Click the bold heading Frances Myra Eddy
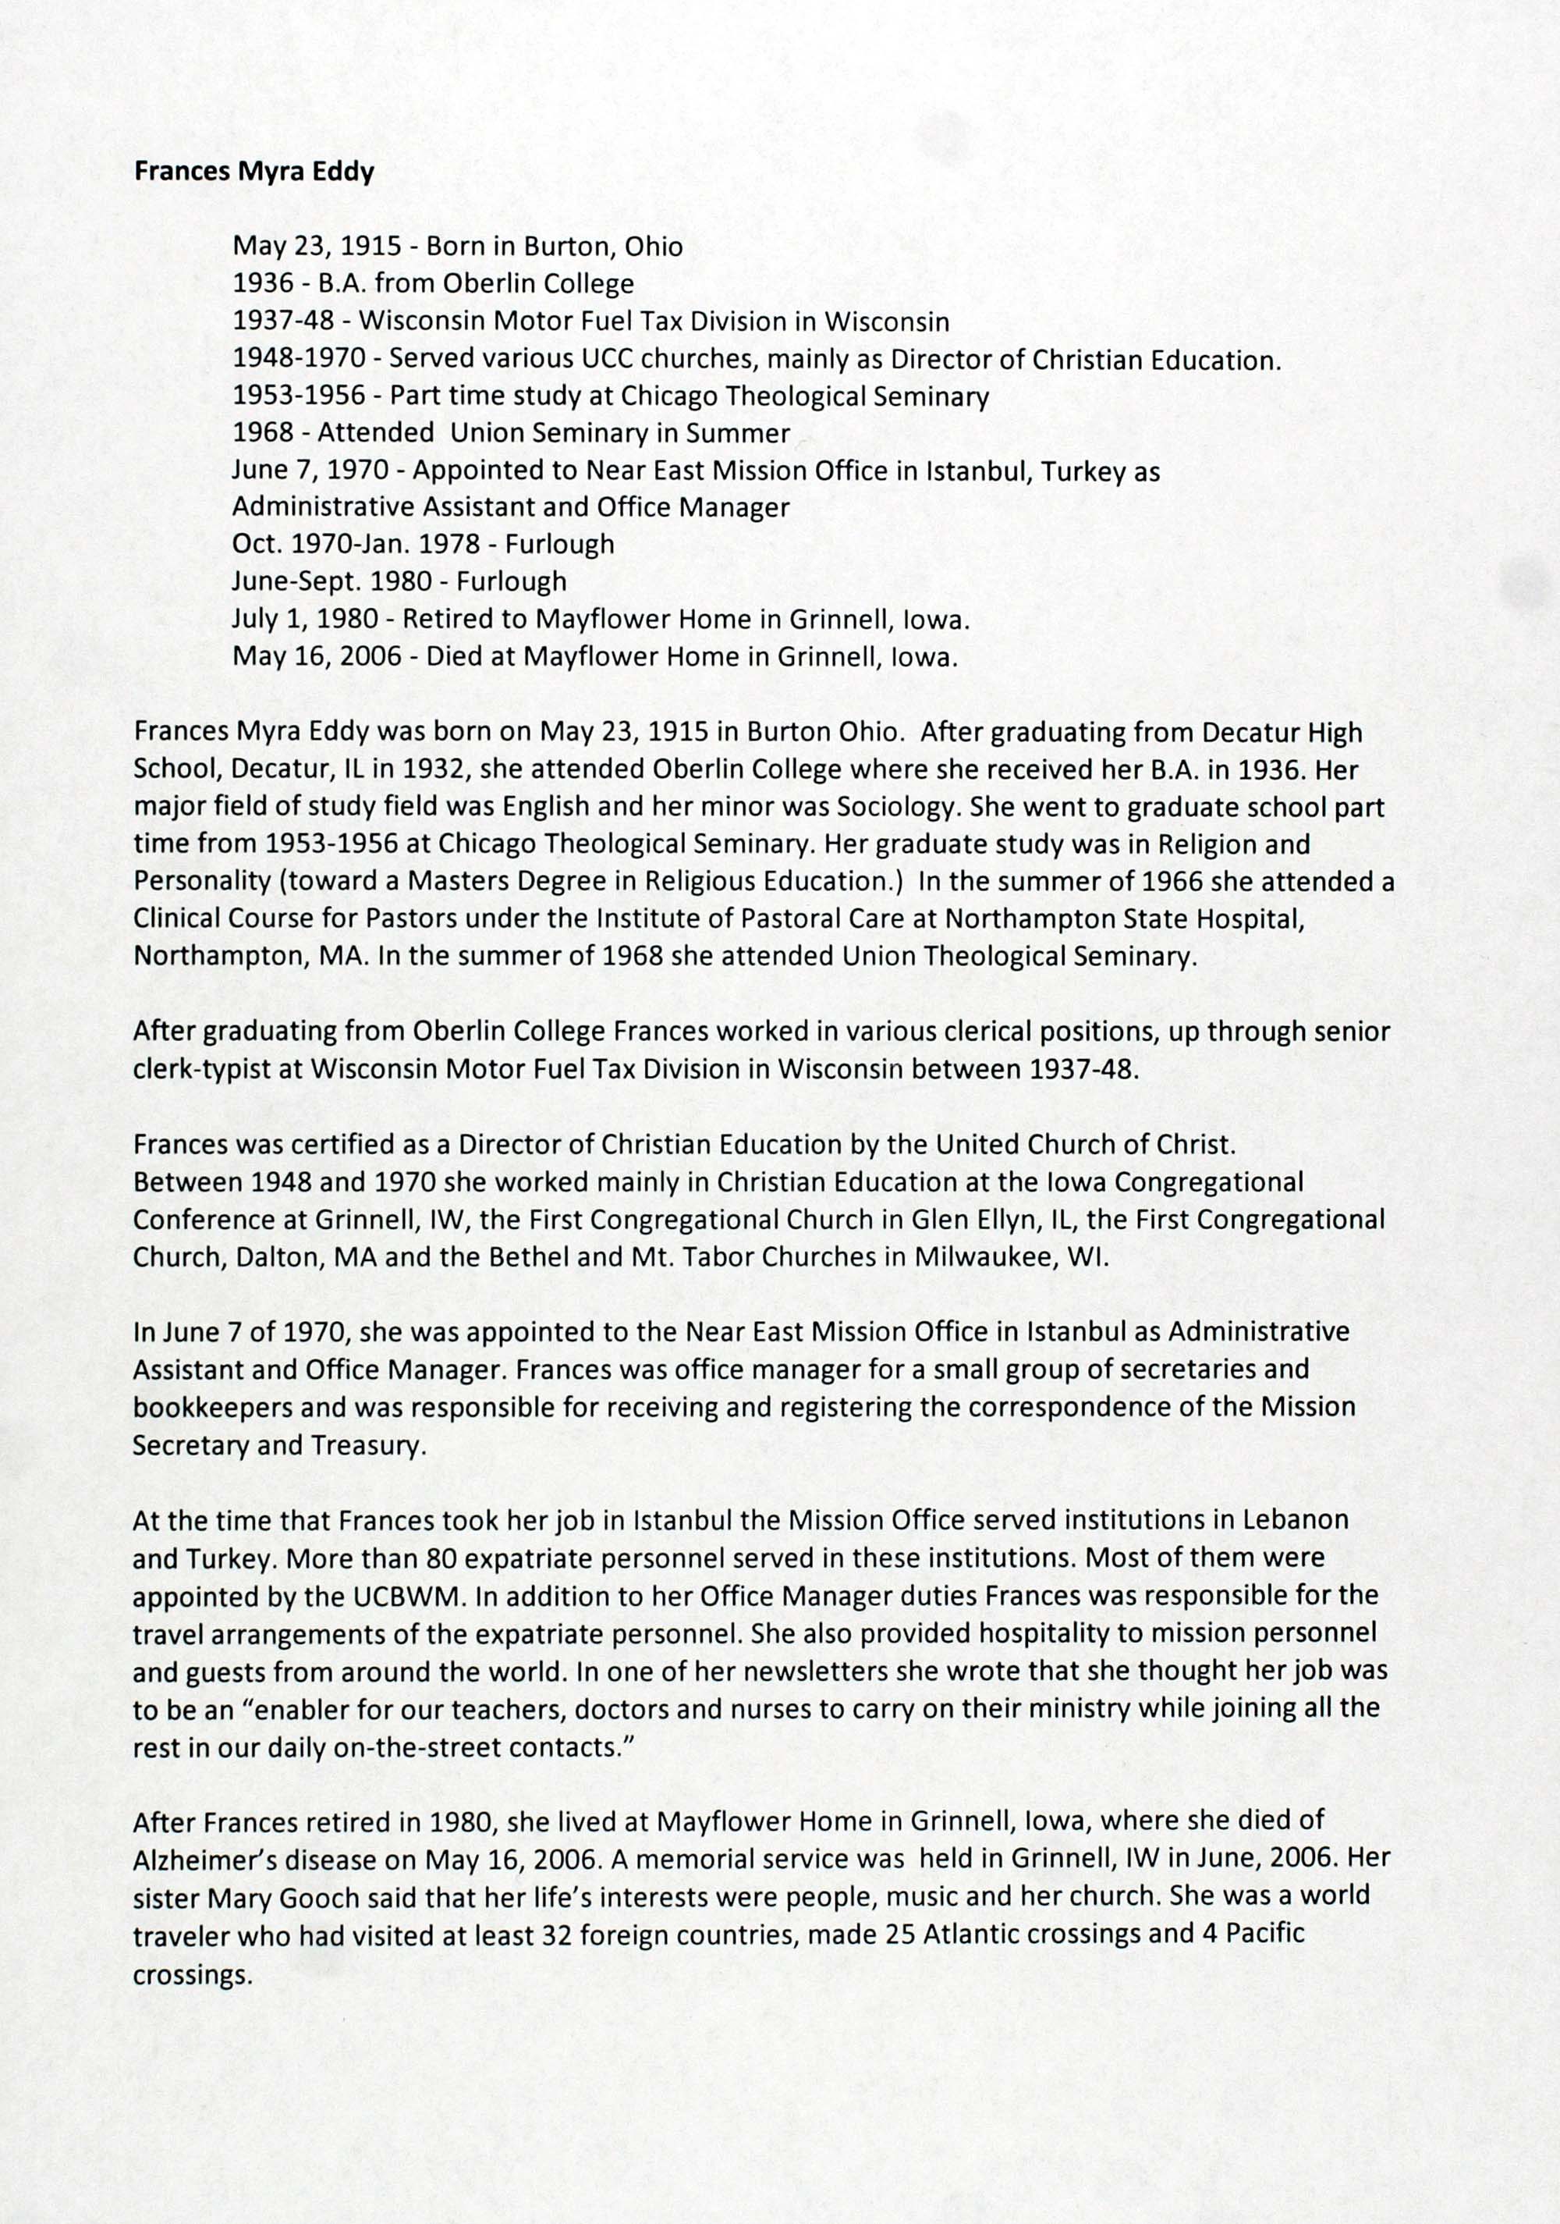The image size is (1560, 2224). pyautogui.click(x=253, y=172)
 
